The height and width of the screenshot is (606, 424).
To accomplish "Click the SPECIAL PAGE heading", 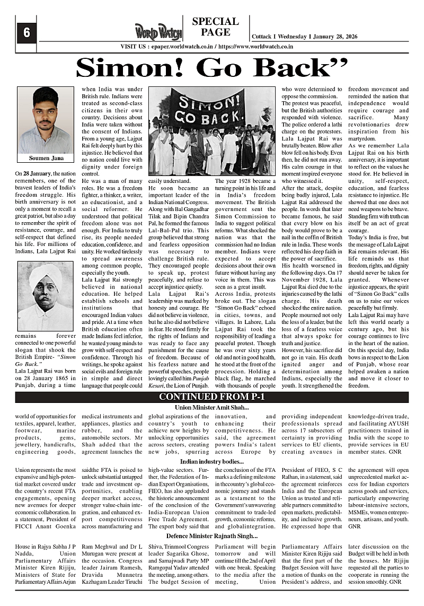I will tap(215, 27).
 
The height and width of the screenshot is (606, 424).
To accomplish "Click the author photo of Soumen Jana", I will tap(45, 120).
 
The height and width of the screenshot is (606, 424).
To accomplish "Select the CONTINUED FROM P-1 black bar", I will tap(212, 397).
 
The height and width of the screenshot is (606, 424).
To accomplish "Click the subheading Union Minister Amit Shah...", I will tap(212, 407).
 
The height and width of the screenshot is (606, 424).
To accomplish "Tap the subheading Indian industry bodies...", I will tap(212, 462).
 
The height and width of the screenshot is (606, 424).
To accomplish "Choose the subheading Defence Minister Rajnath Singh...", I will tap(212, 537).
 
